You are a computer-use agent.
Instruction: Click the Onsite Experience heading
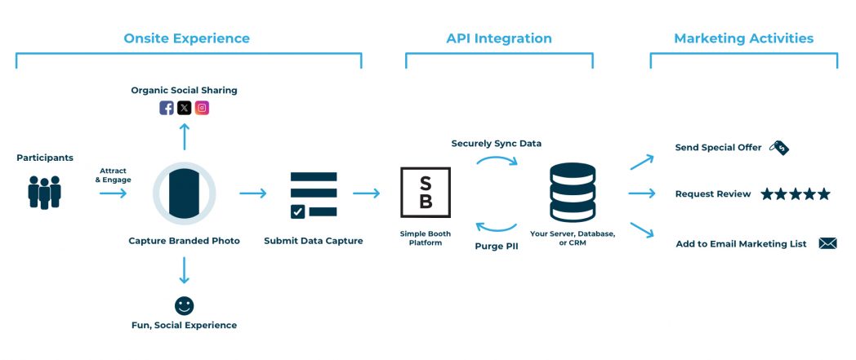click(186, 38)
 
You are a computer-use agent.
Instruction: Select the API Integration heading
click(498, 38)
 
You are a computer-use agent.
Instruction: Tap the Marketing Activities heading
click(743, 38)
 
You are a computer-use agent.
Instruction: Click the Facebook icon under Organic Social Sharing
click(167, 108)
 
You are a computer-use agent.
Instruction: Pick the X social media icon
click(185, 108)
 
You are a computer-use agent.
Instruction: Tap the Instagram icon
click(202, 108)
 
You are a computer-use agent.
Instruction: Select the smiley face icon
click(185, 305)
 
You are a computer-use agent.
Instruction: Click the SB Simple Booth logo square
click(426, 193)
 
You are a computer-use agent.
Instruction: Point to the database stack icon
click(573, 193)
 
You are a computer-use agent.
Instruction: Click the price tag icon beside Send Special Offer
click(780, 148)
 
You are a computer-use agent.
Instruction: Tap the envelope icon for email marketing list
click(827, 243)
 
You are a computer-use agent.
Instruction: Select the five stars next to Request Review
click(795, 194)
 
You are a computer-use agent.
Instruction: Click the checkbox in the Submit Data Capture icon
click(298, 211)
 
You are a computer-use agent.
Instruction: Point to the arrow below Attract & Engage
click(114, 193)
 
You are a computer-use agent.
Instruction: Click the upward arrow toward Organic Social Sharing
click(185, 136)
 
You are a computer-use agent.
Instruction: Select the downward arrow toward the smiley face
click(185, 270)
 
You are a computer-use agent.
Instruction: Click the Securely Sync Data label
click(497, 144)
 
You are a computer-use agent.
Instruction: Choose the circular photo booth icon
click(185, 193)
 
